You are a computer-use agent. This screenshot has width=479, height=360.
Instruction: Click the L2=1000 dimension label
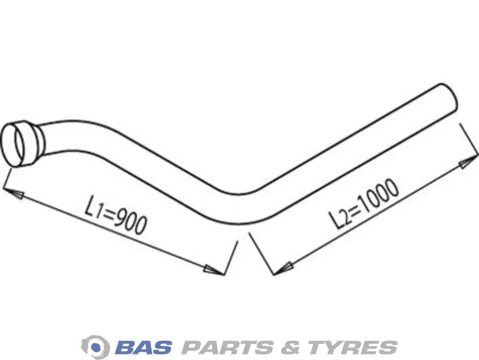click(x=364, y=203)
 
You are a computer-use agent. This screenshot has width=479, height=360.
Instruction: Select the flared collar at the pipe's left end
click(x=21, y=144)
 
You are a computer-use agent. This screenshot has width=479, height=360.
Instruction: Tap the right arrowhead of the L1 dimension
click(x=214, y=270)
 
